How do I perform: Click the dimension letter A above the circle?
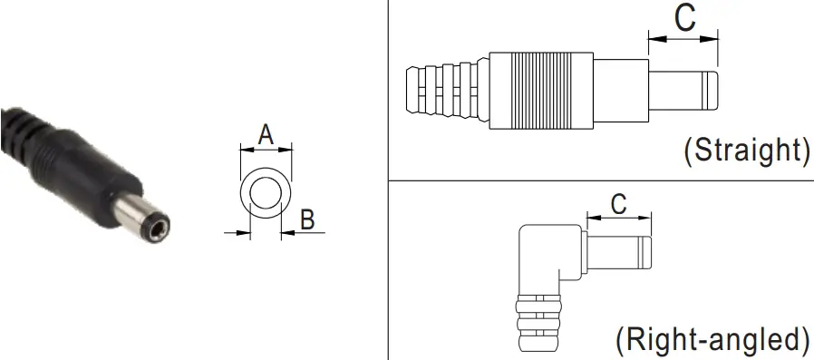pos(266,134)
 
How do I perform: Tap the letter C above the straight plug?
pos(685,18)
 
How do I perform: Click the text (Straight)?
pos(746,150)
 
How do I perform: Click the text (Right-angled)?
pos(712,340)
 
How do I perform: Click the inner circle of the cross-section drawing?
pos(266,193)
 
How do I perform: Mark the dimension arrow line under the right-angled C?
pos(619,218)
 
